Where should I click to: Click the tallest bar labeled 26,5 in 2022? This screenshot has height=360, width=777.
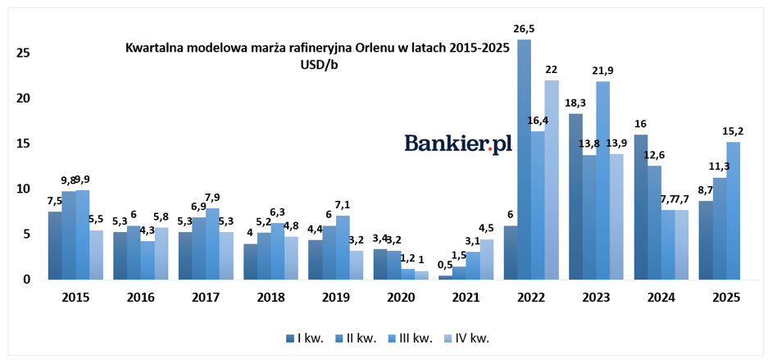(x=525, y=160)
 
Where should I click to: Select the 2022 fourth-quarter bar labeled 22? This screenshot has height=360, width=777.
(x=552, y=180)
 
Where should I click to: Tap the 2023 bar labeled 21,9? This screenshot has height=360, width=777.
(x=603, y=180)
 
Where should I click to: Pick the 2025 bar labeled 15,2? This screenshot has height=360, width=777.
(x=733, y=212)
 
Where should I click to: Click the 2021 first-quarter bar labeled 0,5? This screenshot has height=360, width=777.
(x=446, y=278)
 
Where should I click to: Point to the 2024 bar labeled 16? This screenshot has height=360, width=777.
(x=641, y=207)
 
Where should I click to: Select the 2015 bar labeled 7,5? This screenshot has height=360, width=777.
(x=55, y=246)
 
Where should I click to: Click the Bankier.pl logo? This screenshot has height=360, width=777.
(x=458, y=144)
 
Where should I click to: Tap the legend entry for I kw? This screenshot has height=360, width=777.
(x=305, y=339)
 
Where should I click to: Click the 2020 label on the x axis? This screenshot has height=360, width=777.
(x=401, y=298)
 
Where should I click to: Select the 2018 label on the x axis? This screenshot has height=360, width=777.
(x=271, y=298)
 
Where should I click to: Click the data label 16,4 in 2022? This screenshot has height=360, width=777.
(x=537, y=121)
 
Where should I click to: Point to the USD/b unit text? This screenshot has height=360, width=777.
(x=320, y=65)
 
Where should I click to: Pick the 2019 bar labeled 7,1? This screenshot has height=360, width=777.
(x=343, y=248)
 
